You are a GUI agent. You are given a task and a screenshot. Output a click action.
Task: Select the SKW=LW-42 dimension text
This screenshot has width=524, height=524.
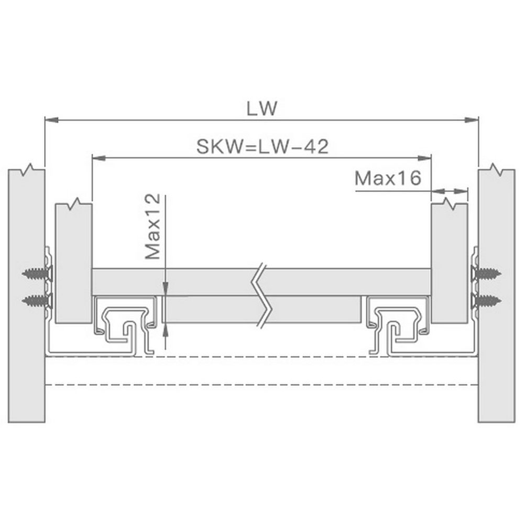(x=263, y=146)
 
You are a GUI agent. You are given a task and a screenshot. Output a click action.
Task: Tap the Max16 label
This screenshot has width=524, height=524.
(x=388, y=178)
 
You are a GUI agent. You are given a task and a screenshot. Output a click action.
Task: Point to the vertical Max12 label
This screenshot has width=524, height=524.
(x=152, y=226)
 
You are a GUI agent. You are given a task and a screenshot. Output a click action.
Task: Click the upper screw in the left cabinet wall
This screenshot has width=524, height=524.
(x=37, y=274)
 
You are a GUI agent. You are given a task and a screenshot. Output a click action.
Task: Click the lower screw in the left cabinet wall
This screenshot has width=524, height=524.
(x=37, y=301)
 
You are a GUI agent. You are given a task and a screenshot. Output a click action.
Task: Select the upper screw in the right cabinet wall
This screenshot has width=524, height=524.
(x=486, y=274)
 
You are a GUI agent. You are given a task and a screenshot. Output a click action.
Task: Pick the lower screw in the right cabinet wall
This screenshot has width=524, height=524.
(x=486, y=301)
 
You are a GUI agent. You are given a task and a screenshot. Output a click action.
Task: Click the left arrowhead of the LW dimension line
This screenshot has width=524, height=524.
(x=51, y=119)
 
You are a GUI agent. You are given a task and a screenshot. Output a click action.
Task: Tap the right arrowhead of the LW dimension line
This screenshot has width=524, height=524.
(x=472, y=119)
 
